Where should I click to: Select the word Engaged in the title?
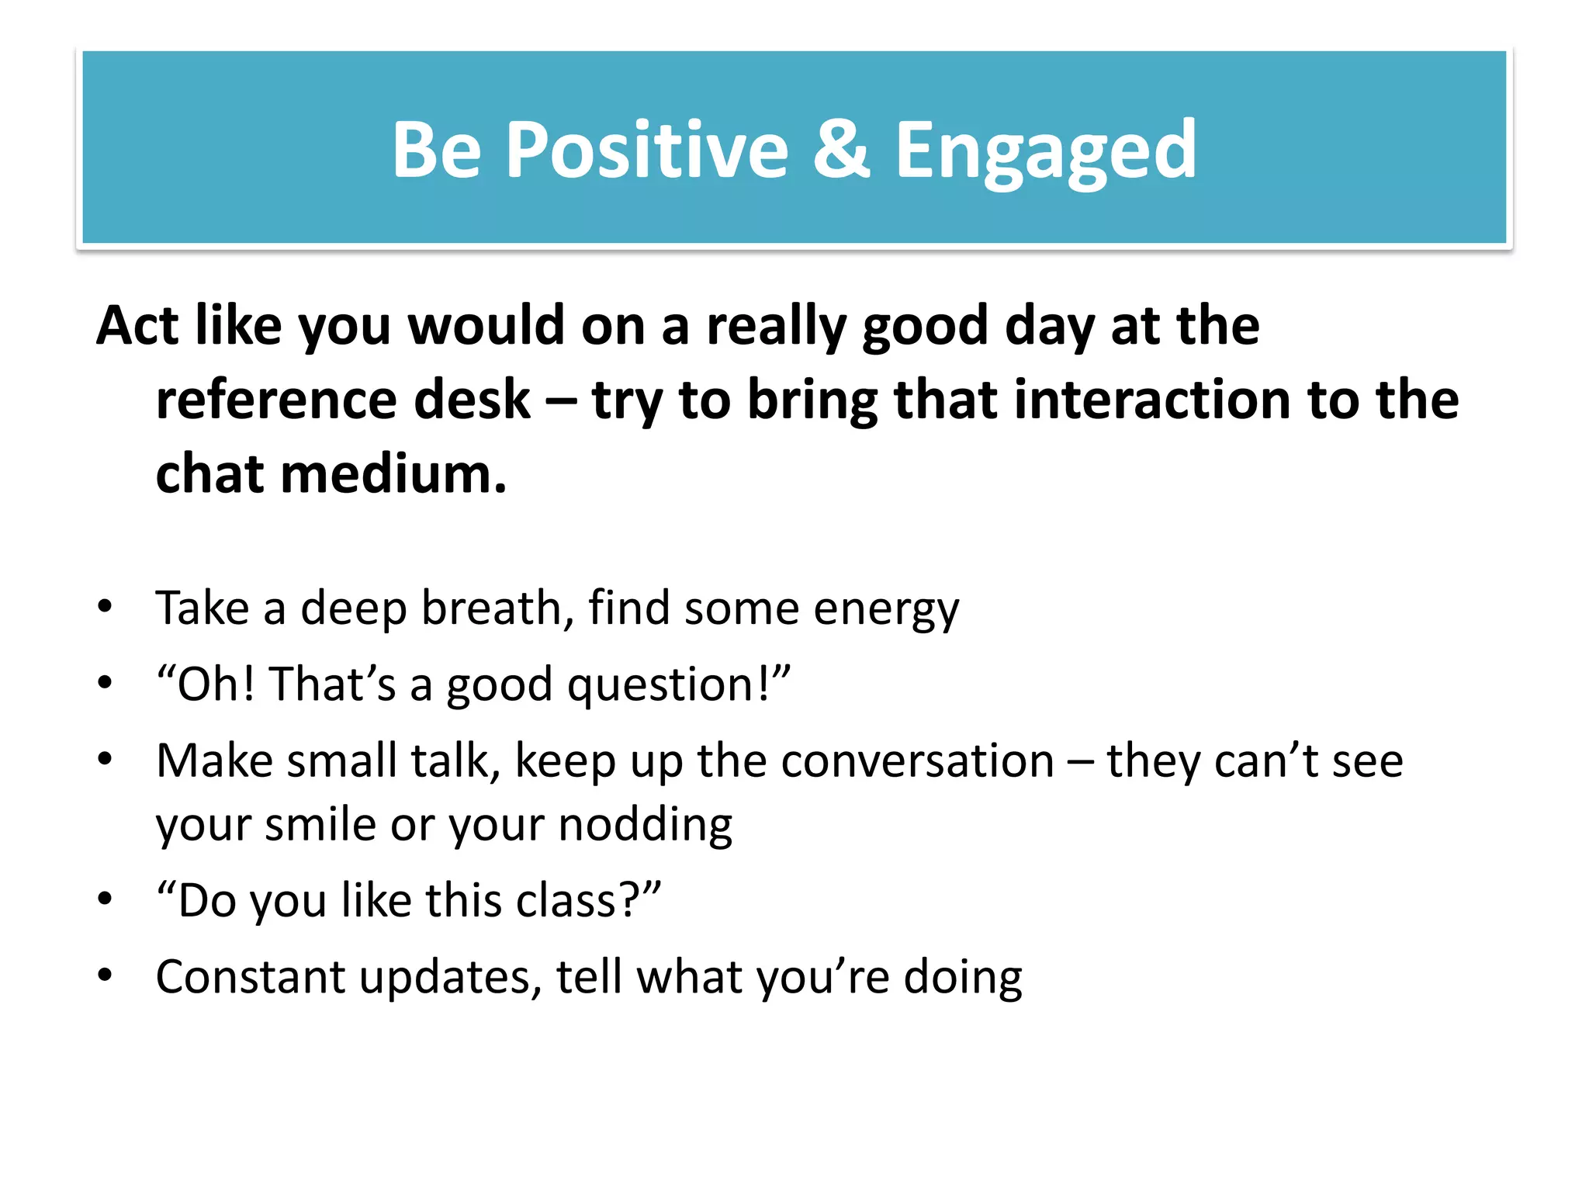pyautogui.click(x=1045, y=151)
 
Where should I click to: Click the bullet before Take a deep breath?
pyautogui.click(x=105, y=606)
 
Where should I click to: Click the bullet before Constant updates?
pyautogui.click(x=105, y=975)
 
